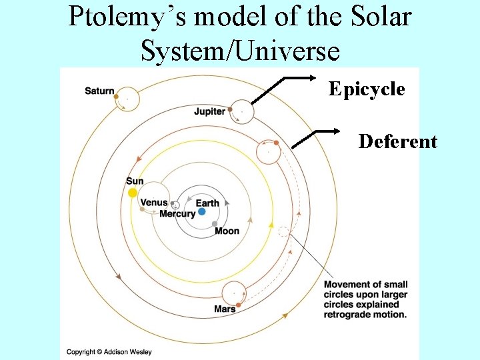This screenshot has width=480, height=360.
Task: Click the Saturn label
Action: (99, 91)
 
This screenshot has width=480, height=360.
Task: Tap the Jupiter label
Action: (209, 111)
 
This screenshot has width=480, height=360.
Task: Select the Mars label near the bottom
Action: (225, 309)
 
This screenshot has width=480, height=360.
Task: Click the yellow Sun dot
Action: (133, 193)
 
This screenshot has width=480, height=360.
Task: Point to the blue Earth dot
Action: (201, 211)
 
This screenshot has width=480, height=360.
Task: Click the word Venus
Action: (155, 203)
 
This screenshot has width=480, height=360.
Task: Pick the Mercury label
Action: (177, 214)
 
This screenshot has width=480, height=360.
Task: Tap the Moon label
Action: (227, 231)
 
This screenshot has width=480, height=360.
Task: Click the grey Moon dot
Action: (215, 224)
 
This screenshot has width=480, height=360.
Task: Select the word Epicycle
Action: (367, 89)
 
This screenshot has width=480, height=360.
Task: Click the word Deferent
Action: (398, 141)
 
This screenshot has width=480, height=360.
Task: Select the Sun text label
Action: (135, 181)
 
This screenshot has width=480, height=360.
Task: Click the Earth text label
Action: (207, 203)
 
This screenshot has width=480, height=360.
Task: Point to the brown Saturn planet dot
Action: (117, 97)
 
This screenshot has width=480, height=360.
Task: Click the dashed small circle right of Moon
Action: (283, 232)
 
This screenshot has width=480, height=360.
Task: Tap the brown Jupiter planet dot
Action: (231, 109)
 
